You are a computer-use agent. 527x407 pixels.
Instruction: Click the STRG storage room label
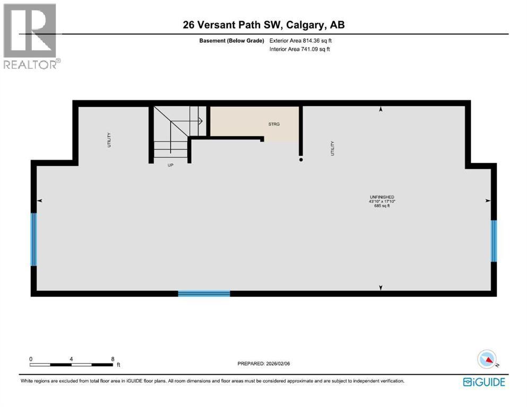(x=274, y=125)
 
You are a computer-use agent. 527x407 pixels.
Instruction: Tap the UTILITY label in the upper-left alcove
(x=109, y=139)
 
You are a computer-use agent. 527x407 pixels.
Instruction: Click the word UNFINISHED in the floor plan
(x=382, y=197)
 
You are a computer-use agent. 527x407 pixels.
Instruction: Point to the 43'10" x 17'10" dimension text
(x=382, y=201)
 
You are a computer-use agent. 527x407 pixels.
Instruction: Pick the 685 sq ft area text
(x=382, y=206)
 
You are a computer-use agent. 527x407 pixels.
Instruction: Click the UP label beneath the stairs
(x=170, y=165)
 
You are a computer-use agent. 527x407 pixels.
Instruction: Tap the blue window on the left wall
(x=34, y=240)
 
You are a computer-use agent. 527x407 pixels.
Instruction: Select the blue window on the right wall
(x=494, y=241)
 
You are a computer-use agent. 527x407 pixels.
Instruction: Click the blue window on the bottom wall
(x=204, y=293)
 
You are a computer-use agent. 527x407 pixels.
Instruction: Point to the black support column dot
(x=301, y=159)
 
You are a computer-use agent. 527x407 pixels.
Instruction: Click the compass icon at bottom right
(x=487, y=359)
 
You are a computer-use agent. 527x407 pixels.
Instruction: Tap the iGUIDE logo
(x=483, y=382)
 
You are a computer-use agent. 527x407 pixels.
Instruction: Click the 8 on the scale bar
(x=113, y=359)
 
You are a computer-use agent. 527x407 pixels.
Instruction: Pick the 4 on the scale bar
(x=71, y=359)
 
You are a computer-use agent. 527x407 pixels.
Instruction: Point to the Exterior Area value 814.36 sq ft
(x=317, y=40)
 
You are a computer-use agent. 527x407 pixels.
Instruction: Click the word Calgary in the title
(x=308, y=25)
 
